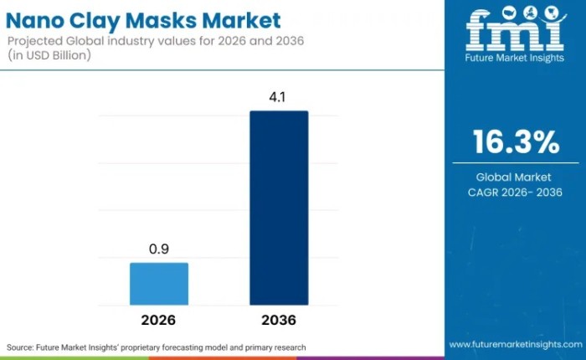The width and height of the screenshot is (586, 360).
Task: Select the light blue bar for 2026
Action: tap(159, 284)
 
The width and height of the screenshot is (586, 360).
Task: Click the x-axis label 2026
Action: tap(159, 320)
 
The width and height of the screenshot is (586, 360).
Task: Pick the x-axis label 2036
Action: tap(279, 320)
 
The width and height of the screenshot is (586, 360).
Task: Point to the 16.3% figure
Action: tap(515, 143)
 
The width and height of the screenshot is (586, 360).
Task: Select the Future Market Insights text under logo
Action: tap(515, 60)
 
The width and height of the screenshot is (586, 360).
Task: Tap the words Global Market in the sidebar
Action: tap(515, 177)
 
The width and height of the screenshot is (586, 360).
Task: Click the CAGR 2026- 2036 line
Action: tap(515, 193)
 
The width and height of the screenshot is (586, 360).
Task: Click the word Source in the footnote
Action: tap(22, 347)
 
